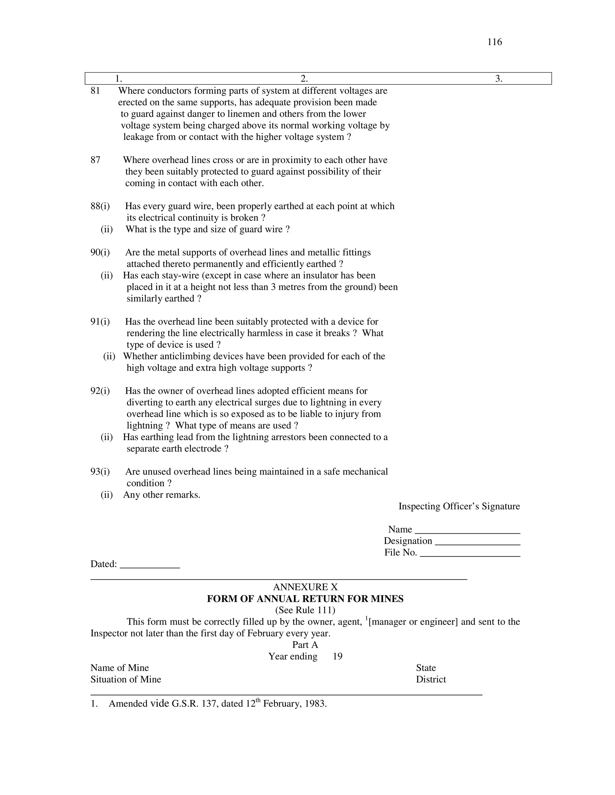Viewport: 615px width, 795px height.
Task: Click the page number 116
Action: pyautogui.click(x=494, y=42)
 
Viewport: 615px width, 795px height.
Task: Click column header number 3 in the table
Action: pyautogui.click(x=498, y=79)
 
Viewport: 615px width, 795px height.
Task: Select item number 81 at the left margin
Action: pyautogui.click(x=95, y=91)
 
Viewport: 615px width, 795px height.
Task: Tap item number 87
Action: pyautogui.click(x=95, y=160)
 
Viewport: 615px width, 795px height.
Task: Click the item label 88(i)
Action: pyautogui.click(x=100, y=206)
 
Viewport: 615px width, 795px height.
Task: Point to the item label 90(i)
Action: pyautogui.click(x=100, y=253)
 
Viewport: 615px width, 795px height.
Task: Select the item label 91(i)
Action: pyautogui.click(x=100, y=322)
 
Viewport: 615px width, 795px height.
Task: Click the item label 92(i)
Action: pyautogui.click(x=100, y=391)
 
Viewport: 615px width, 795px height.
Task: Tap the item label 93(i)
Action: pyautogui.click(x=100, y=472)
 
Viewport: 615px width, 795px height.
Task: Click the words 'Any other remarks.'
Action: pyautogui.click(x=162, y=495)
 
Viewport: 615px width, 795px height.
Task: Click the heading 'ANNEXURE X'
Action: pyautogui.click(x=305, y=587)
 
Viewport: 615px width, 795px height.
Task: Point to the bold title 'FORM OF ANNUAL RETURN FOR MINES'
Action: pyautogui.click(x=305, y=599)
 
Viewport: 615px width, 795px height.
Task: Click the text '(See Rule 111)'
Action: pyautogui.click(x=305, y=610)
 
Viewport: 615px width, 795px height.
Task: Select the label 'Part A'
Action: pyautogui.click(x=305, y=645)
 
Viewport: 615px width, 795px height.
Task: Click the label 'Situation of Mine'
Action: pyautogui.click(x=126, y=679)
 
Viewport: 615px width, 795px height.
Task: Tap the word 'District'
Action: pyautogui.click(x=431, y=679)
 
